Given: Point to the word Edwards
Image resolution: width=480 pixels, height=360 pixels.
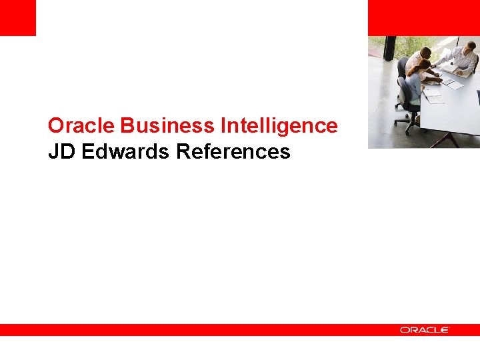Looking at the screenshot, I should point(126,152).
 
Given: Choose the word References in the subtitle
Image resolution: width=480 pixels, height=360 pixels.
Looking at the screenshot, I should point(233,152).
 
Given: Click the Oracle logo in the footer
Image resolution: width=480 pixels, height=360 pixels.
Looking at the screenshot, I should point(425,330).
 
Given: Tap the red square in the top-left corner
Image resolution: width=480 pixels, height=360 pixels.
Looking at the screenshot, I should point(17,17).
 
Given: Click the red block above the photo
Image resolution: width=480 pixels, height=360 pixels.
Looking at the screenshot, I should point(423,17).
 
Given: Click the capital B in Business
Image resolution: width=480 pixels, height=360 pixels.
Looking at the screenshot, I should point(127,125).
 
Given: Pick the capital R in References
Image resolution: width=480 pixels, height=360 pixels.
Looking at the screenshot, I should point(183,152).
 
